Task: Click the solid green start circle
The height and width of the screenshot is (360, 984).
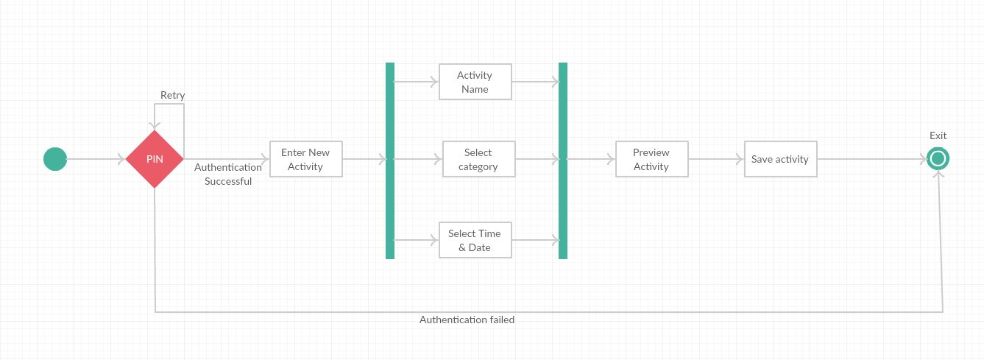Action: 55,159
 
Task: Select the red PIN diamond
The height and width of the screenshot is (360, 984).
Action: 155,159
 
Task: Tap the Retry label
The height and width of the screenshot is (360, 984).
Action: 172,95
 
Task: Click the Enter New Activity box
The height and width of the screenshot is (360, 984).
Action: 305,159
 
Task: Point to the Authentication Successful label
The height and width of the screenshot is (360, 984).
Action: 228,174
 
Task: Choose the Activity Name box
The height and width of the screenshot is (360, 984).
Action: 475,82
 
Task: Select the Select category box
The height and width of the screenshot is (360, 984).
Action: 478,159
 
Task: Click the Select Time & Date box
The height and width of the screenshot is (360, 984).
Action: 475,240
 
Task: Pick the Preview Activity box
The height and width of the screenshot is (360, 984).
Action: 651,159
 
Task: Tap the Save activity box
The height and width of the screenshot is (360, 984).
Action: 780,159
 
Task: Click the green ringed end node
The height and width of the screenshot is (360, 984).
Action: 938,159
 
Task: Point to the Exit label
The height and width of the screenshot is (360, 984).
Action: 938,135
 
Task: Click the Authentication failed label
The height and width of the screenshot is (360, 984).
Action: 467,320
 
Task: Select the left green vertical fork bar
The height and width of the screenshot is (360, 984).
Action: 389,160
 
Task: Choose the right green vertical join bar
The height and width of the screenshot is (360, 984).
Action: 563,160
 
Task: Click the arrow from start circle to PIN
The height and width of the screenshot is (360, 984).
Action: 96,159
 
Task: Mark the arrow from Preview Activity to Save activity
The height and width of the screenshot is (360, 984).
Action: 716,159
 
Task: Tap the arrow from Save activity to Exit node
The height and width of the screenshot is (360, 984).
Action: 872,159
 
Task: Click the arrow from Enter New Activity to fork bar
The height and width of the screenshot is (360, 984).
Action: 364,159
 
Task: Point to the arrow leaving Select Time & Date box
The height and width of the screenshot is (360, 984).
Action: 536,240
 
